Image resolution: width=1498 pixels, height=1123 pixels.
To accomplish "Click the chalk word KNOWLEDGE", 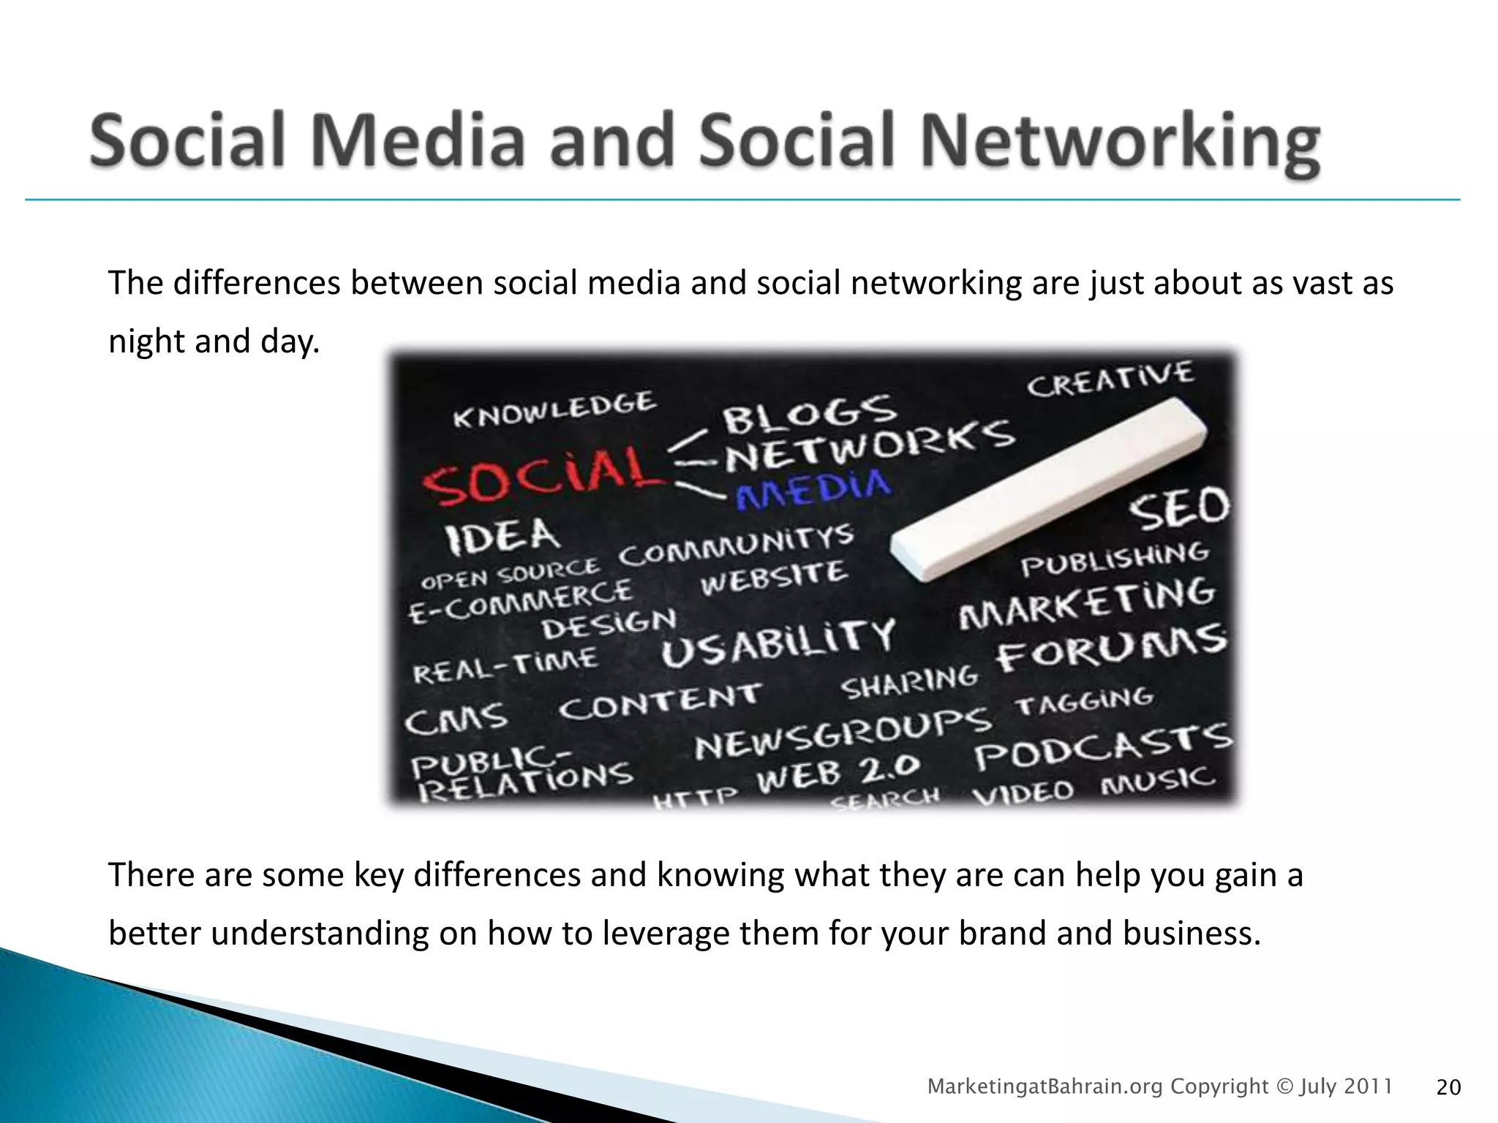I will click(554, 410).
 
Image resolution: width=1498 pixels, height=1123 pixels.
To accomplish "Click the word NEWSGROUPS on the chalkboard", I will click(842, 734).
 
